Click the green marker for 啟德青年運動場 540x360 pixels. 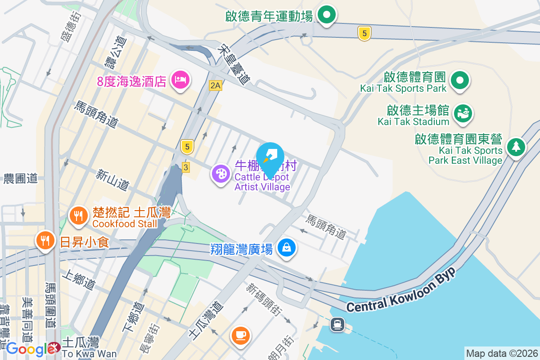327,15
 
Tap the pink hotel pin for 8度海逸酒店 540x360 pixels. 180,81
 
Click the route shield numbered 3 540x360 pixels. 186,167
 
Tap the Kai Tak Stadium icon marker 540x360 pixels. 462,113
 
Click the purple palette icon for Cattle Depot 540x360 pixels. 220,174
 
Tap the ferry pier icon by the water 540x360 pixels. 337,324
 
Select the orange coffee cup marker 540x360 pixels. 240,335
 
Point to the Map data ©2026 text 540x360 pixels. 501,353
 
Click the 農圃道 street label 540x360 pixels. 21,179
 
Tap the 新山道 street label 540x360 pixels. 112,179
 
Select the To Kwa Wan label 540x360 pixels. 89,354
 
